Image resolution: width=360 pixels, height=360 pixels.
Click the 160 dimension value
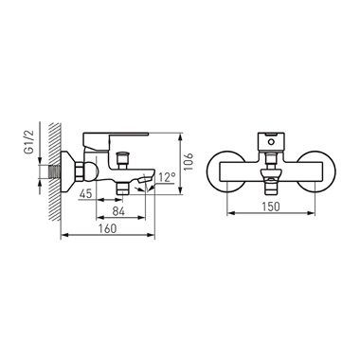[108, 228]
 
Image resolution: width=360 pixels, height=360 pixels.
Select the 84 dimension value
[118, 211]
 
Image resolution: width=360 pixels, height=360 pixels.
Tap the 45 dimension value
[85, 193]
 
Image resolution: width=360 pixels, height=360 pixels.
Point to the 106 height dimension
[189, 161]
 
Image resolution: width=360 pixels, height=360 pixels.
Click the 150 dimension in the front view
[271, 207]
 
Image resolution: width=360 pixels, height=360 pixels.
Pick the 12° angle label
[167, 178]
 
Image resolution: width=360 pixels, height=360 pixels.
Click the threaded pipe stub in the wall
[55, 171]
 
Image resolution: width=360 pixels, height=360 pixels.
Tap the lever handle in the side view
[115, 139]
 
